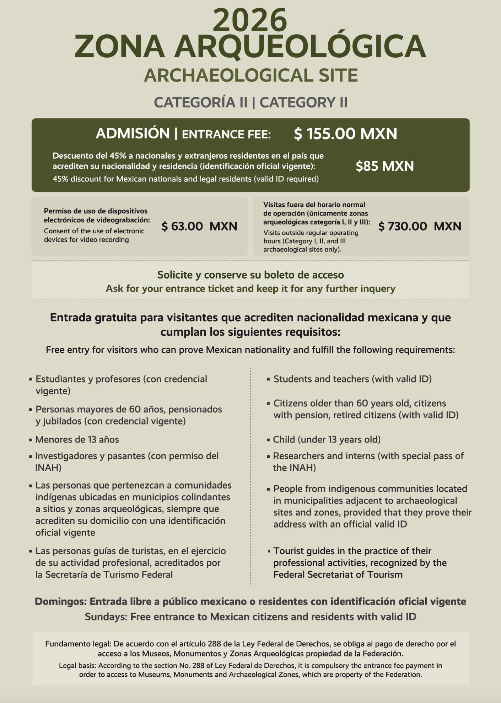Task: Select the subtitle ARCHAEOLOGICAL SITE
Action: pyautogui.click(x=250, y=75)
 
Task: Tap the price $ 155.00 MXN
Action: pyautogui.click(x=345, y=134)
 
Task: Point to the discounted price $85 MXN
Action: pyautogui.click(x=385, y=166)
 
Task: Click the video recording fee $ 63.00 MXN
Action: pyautogui.click(x=199, y=226)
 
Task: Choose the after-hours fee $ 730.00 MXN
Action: pyautogui.click(x=420, y=226)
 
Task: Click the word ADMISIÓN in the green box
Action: pyautogui.click(x=133, y=134)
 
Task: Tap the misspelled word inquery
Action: pyautogui.click(x=377, y=289)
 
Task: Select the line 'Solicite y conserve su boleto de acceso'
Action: pyautogui.click(x=250, y=275)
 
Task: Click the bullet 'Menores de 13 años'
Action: pyautogui.click(x=77, y=440)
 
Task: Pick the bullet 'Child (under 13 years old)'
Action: pyautogui.click(x=327, y=440)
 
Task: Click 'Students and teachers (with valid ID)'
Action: pyautogui.click(x=352, y=379)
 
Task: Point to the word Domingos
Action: pyautogui.click(x=60, y=602)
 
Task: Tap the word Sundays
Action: pyautogui.click(x=106, y=617)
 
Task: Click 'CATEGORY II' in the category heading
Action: pyautogui.click(x=303, y=102)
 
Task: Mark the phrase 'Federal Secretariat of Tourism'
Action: pyautogui.click(x=338, y=575)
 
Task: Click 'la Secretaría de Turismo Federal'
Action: pyautogui.click(x=104, y=575)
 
